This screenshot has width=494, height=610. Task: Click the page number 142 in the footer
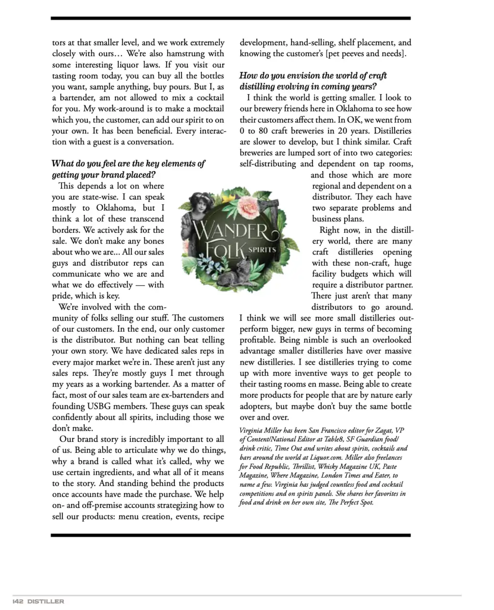(18, 601)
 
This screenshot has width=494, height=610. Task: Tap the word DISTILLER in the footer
(46, 601)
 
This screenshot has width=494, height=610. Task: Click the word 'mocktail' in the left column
(207, 109)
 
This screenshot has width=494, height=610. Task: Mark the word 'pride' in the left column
(62, 296)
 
